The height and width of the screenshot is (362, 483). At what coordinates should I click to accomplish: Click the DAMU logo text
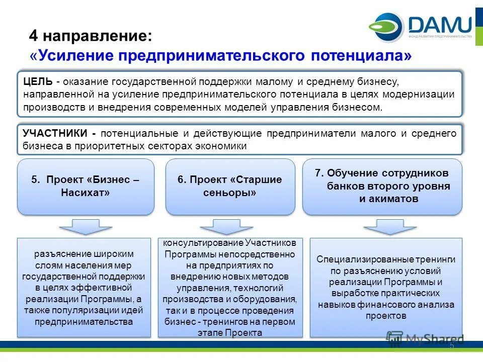click(440, 24)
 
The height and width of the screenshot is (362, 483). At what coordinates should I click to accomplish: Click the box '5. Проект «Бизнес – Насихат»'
click(86, 187)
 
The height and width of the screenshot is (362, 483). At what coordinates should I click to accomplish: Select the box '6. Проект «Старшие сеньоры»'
click(230, 187)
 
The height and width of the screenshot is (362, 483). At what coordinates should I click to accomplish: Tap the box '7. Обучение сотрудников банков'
click(382, 186)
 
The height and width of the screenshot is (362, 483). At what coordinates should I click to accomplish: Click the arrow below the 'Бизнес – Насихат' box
click(86, 226)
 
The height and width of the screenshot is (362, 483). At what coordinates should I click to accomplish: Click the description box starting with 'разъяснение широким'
click(84, 287)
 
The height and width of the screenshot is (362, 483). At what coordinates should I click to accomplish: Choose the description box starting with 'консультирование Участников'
click(230, 287)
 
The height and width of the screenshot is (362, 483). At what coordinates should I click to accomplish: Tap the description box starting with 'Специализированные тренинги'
click(386, 287)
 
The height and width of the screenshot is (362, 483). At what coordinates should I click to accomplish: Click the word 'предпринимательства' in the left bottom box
click(84, 321)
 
